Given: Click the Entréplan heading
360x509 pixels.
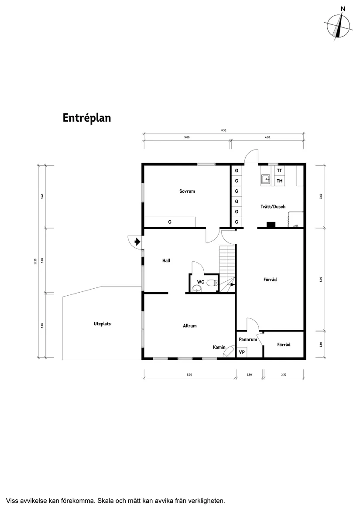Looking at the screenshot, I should coord(86,118).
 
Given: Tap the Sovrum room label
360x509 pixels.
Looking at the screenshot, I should coord(187,191).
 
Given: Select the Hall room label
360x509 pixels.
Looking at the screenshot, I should coord(166,261).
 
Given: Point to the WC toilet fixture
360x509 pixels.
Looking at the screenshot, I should coord(212,283).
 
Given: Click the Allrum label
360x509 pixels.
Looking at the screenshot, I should coord(190,326).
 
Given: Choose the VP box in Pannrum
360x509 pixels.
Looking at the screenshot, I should coord(241,352).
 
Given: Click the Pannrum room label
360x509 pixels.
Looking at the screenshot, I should coord(248,339).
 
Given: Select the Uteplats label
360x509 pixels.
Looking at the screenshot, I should coord(102,324).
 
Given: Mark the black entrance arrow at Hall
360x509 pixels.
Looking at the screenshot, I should coord(137,241).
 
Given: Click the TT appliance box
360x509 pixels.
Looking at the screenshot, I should coord(279,171).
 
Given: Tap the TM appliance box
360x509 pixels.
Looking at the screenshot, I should coord(279,181).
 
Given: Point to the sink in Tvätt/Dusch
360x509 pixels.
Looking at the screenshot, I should coord(266,178).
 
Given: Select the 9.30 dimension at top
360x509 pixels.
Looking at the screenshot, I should coord(223,130).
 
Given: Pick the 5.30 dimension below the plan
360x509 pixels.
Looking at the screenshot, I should coord(189,375).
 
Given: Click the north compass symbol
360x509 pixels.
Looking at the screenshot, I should coord(339,26).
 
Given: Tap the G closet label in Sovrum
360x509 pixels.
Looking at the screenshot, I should coord(169,222).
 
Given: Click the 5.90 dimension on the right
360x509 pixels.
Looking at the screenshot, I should coord(321,280).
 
